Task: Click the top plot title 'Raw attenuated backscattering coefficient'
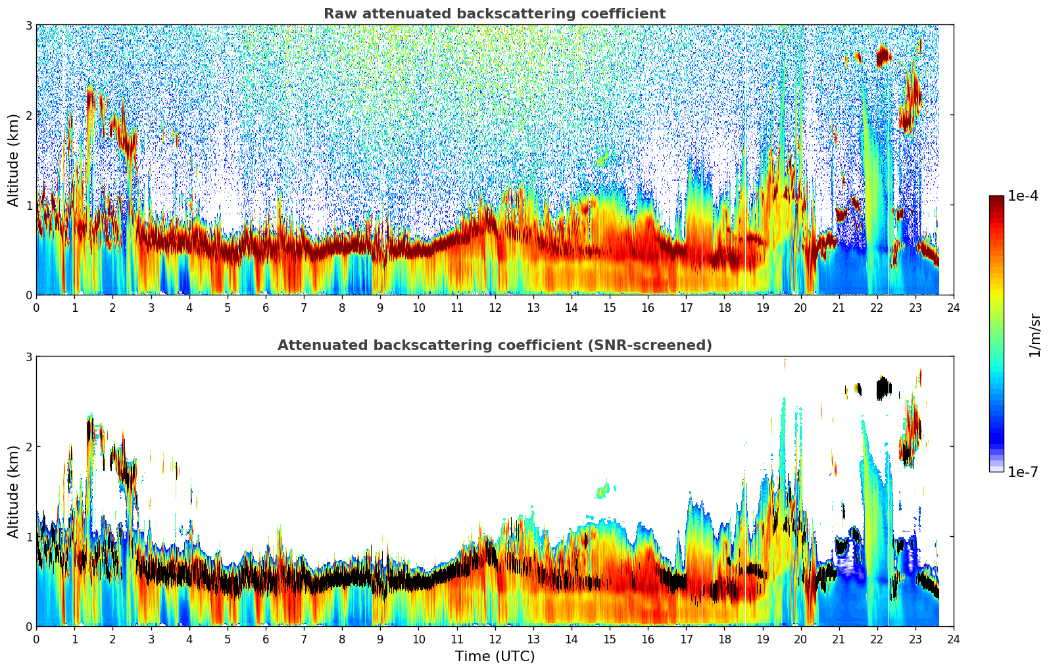pyautogui.click(x=494, y=14)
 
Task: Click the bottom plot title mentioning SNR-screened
pyautogui.click(x=494, y=345)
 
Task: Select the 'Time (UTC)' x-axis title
pyautogui.click(x=495, y=656)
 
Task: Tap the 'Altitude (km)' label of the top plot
pyautogui.click(x=14, y=160)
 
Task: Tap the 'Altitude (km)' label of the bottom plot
pyautogui.click(x=14, y=491)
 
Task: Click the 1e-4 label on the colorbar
pyautogui.click(x=1023, y=196)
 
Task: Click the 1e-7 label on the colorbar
pyautogui.click(x=1023, y=472)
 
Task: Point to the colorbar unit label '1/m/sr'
pyautogui.click(x=1035, y=335)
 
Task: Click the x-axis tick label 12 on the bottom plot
pyautogui.click(x=495, y=639)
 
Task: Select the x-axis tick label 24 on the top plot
pyautogui.click(x=953, y=307)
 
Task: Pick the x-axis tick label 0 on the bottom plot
pyautogui.click(x=36, y=639)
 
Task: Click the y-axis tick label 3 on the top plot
pyautogui.click(x=28, y=25)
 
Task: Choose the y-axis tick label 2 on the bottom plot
pyautogui.click(x=28, y=447)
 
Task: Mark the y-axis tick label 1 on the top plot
pyautogui.click(x=28, y=205)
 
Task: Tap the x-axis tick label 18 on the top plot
pyautogui.click(x=724, y=307)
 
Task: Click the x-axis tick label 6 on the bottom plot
pyautogui.click(x=266, y=639)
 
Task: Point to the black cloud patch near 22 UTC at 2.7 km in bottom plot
pyautogui.click(x=883, y=388)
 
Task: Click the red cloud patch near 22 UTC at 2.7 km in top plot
pyautogui.click(x=883, y=57)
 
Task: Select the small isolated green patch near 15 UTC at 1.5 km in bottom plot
pyautogui.click(x=604, y=490)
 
